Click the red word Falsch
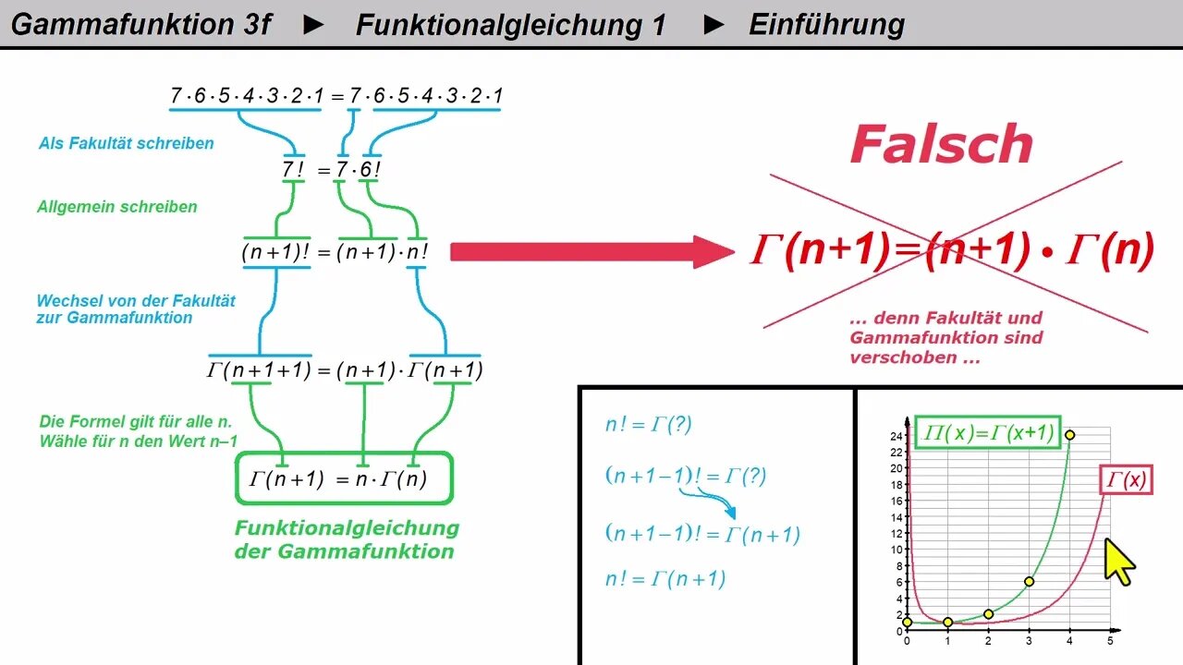point(941,144)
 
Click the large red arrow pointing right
point(591,251)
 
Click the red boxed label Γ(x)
point(1126,480)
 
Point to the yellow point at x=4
point(1069,435)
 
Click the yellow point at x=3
point(1029,581)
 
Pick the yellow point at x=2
point(988,614)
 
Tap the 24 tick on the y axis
point(895,435)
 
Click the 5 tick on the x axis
point(1110,641)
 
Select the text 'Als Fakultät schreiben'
point(126,143)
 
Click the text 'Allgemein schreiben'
point(116,207)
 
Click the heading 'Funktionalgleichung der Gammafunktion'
point(346,539)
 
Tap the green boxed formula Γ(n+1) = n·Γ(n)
point(344,478)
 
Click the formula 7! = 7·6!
point(332,170)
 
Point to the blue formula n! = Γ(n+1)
point(665,579)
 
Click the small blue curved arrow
point(708,502)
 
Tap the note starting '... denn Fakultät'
point(945,337)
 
